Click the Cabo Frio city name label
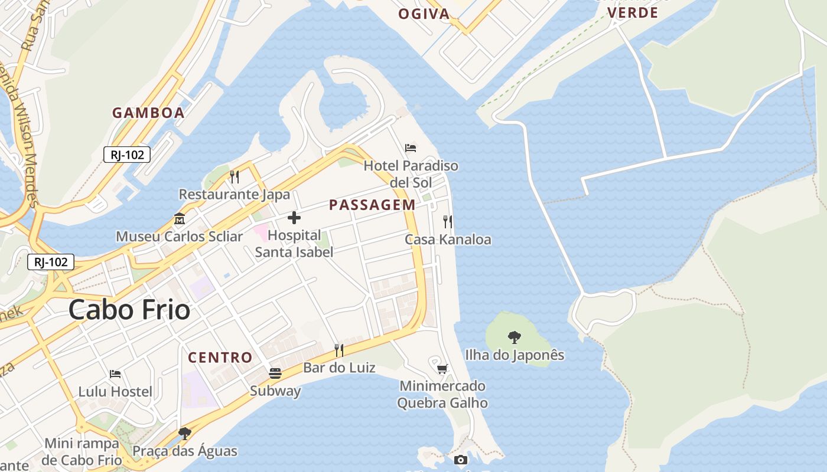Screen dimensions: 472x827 (129, 310)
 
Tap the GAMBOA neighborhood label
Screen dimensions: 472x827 (148, 113)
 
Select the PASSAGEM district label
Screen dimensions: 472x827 (372, 205)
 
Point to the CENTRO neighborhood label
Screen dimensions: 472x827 (220, 357)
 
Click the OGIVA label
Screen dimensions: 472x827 (424, 14)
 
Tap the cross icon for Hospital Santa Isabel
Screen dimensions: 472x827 (294, 218)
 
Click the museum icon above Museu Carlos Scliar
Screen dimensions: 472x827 (180, 219)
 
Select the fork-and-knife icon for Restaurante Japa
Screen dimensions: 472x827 (235, 176)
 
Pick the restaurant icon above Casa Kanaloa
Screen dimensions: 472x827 (448, 222)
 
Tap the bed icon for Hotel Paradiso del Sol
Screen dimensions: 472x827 (411, 147)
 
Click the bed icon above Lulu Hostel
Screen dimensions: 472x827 (115, 374)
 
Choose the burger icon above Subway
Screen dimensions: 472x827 (275, 373)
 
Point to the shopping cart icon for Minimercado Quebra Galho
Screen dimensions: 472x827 (442, 369)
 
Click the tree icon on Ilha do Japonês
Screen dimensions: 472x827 (515, 337)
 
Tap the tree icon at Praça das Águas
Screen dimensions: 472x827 (185, 434)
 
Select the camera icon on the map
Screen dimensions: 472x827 (461, 460)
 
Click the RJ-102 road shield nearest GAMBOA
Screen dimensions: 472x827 (127, 155)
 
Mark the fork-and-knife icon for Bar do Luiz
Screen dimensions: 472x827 (339, 350)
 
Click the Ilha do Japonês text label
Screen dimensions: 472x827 (515, 355)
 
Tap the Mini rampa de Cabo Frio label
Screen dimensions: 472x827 (83, 451)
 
